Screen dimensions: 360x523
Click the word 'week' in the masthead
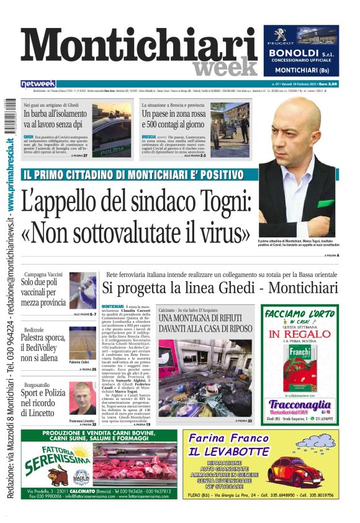point(224,66)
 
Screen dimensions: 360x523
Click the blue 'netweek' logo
point(38,83)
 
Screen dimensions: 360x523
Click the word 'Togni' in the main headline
point(224,202)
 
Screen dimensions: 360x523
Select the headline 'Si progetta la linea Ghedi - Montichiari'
point(220,288)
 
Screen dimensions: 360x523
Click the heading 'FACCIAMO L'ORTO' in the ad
point(300,314)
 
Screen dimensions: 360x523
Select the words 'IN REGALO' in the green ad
point(299,334)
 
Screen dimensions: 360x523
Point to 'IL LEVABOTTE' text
point(229,452)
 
